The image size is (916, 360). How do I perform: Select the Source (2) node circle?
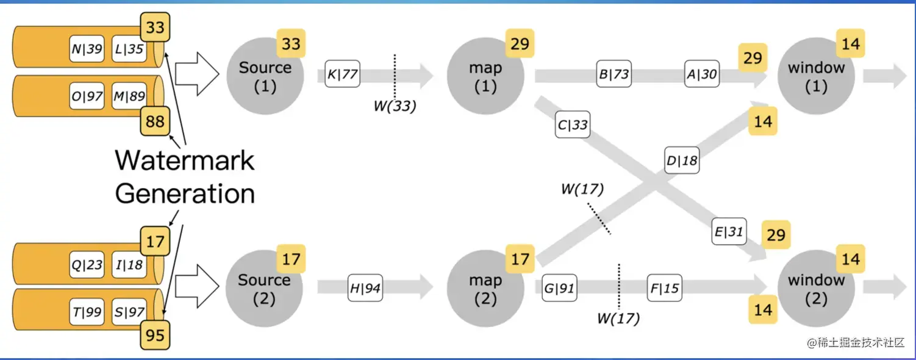[x=264, y=289]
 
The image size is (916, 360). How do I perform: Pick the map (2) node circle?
[x=485, y=289]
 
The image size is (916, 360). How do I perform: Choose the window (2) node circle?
[x=816, y=289]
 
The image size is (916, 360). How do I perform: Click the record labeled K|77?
[x=342, y=75]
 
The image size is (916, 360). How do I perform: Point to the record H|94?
[x=365, y=289]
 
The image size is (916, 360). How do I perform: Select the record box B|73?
[x=614, y=75]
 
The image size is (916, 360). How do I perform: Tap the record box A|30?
[x=701, y=75]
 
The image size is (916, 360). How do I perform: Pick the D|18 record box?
[x=682, y=161]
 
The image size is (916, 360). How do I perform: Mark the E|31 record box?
[x=729, y=232]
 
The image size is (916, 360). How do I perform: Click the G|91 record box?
[x=559, y=289]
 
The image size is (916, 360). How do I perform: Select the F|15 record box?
[x=664, y=289]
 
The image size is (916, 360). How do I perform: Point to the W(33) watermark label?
[x=395, y=106]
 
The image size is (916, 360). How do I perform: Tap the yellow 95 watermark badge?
[x=156, y=335]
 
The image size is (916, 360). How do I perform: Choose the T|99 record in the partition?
[x=86, y=312]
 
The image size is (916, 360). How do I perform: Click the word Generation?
[x=185, y=193]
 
